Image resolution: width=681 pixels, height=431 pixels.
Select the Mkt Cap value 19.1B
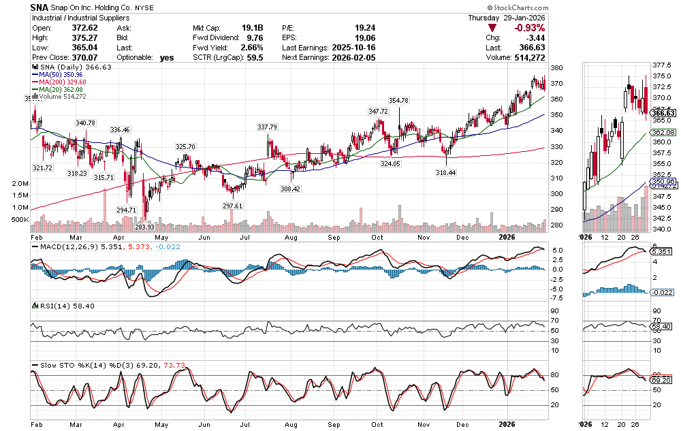point(252,28)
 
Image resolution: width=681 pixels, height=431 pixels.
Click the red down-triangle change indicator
point(492,28)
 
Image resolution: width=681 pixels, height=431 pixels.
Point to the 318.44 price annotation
point(445,174)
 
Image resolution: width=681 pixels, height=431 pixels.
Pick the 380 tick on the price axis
point(556,68)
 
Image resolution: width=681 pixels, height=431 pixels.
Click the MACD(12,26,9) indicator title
point(66,246)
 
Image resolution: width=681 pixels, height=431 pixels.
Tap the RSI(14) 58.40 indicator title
point(62,306)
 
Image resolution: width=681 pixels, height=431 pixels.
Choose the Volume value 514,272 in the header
point(527,59)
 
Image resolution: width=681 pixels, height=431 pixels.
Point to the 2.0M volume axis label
point(20,184)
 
